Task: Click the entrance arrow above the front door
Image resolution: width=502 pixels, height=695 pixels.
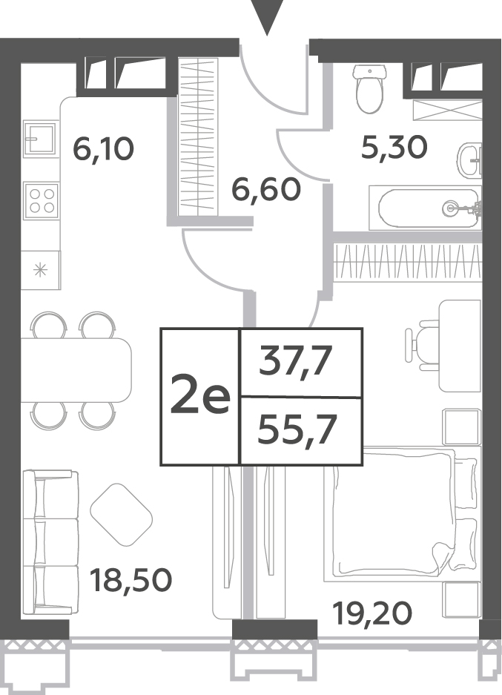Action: pyautogui.click(x=267, y=16)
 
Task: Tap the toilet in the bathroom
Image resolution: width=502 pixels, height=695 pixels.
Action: pyautogui.click(x=369, y=89)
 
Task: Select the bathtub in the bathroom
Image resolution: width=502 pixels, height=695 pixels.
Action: pyautogui.click(x=429, y=208)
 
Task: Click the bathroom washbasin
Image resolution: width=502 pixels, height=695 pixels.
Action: pyautogui.click(x=469, y=159)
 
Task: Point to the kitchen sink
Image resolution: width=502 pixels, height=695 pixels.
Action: pyautogui.click(x=40, y=138)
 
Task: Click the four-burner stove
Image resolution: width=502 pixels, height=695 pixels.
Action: pyautogui.click(x=41, y=201)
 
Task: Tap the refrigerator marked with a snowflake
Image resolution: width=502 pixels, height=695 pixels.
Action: pyautogui.click(x=40, y=270)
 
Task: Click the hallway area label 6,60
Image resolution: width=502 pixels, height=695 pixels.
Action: pyautogui.click(x=266, y=189)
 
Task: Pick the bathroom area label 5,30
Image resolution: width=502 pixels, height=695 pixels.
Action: pyautogui.click(x=394, y=147)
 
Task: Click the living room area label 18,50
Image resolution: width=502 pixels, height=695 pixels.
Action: pyautogui.click(x=131, y=580)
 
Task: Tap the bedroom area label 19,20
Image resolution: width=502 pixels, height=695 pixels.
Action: pyautogui.click(x=372, y=613)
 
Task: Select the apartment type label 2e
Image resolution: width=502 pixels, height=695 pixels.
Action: pyautogui.click(x=200, y=395)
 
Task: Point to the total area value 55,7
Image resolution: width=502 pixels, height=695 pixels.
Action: pyautogui.click(x=295, y=429)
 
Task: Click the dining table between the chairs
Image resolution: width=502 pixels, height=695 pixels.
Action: pyautogui.click(x=76, y=369)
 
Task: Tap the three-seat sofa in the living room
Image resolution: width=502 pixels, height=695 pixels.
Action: pyautogui.click(x=50, y=542)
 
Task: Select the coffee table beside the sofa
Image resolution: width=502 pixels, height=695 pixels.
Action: pyautogui.click(x=121, y=515)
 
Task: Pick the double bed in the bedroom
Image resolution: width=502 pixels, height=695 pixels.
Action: pyautogui.click(x=402, y=514)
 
